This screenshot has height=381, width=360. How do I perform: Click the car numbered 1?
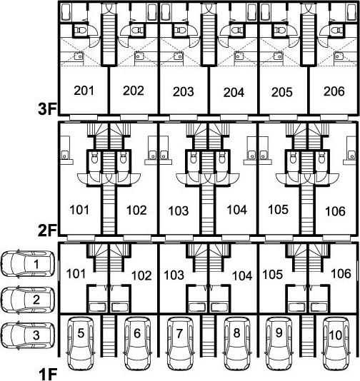[x=28, y=264]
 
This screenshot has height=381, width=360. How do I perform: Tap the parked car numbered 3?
[x=28, y=335]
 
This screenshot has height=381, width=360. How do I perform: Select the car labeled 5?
[x=81, y=343]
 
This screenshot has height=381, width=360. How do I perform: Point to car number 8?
[x=236, y=343]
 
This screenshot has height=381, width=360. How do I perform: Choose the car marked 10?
[x=336, y=343]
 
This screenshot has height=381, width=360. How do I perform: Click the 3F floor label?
[x=47, y=109]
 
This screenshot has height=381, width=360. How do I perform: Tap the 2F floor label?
[x=47, y=230]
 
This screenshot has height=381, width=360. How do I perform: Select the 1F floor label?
[x=48, y=374]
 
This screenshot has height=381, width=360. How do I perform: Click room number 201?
[x=84, y=91]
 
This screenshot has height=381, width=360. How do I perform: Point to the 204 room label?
[x=234, y=92]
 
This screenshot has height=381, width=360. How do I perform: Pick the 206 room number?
[x=334, y=91]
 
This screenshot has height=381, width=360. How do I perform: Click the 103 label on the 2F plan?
[x=179, y=210]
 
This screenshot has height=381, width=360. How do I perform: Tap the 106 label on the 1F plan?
[x=341, y=273]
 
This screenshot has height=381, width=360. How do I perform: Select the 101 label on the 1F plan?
[x=76, y=274]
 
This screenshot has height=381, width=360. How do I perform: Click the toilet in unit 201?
[x=81, y=30]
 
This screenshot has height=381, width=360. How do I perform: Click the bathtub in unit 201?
[x=66, y=12]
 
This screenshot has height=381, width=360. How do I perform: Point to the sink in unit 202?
[x=139, y=56]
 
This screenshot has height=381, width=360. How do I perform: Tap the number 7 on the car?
[x=179, y=333]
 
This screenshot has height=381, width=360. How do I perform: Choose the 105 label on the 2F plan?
[x=279, y=210]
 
